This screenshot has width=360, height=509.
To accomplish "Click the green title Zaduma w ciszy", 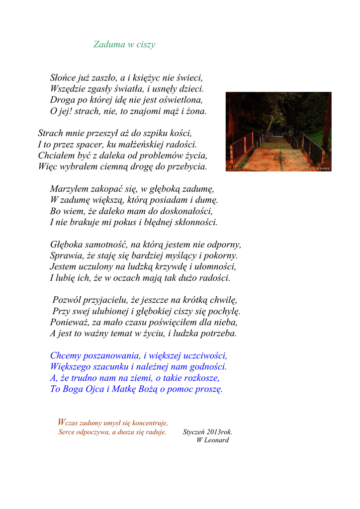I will click(x=124, y=45).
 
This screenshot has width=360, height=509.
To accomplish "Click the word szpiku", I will click(x=141, y=133).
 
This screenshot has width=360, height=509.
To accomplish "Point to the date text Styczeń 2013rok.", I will click(x=207, y=432).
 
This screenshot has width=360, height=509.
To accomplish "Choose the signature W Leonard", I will click(x=213, y=440).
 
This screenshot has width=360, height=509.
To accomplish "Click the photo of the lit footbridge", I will click(x=278, y=132).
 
